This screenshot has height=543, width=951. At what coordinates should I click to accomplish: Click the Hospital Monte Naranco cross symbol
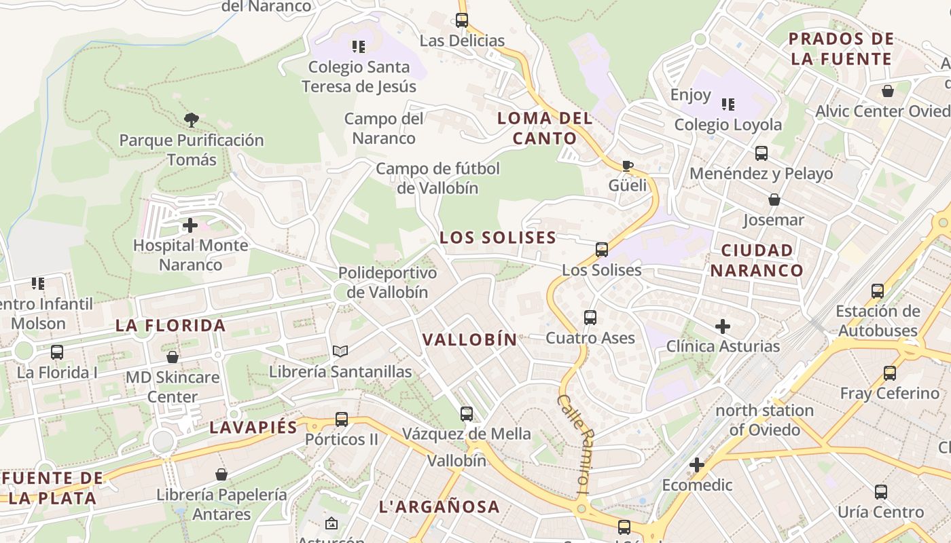coord(190,225)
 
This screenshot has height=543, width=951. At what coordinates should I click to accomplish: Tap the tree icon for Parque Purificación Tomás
coord(191,120)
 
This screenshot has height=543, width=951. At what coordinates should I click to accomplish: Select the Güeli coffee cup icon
coord(627,166)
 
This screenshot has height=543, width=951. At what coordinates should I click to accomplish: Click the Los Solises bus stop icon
coord(601,250)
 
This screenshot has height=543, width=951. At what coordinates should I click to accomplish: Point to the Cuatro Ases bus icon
coord(590,318)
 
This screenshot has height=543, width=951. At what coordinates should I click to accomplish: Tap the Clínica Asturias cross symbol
coord(722,326)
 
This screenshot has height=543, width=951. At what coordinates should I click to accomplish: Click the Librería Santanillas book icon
coord(340,352)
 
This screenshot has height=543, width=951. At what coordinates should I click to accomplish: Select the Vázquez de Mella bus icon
coord(466,413)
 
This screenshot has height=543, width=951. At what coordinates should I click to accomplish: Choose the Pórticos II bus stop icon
coord(341,419)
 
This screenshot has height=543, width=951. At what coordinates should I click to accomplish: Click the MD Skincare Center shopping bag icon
coord(173,357)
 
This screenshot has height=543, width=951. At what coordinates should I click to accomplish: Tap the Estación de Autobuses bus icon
coord(877,291)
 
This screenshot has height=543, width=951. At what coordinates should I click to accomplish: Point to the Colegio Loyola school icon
coord(728,105)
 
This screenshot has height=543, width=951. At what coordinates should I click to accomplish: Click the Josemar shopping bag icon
coord(773,200)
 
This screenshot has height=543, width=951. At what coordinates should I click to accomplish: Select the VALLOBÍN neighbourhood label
coord(469,339)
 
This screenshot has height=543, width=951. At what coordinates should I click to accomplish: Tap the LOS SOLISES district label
coord(498,238)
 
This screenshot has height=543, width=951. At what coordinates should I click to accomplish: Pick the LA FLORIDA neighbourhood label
coord(171,325)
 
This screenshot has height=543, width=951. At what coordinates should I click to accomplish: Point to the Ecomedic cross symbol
coord(697,465)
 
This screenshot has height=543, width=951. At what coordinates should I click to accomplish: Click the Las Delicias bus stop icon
coord(462,20)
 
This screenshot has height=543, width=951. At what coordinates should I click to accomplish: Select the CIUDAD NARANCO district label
coord(757,261)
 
